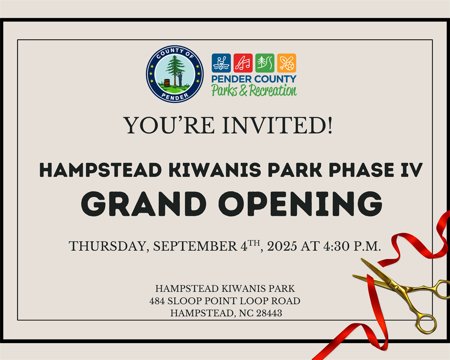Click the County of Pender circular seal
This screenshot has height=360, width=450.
[x=175, y=74]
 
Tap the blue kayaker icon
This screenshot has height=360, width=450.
[x=221, y=63]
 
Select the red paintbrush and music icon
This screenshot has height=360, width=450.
[x=243, y=63]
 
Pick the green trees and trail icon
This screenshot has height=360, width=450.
[x=264, y=63]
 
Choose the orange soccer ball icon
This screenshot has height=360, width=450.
[x=286, y=63]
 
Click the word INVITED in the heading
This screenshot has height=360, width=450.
[x=277, y=125]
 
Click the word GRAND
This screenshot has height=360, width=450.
[x=143, y=203]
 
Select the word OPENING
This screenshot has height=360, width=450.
[x=300, y=203]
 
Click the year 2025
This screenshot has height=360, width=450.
[x=282, y=246]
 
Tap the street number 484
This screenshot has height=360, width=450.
[x=157, y=301]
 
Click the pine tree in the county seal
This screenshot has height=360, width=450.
[x=174, y=70]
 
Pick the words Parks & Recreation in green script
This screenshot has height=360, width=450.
[x=254, y=90]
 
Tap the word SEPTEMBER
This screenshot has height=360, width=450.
[x=195, y=246]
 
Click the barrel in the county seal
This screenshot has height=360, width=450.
[x=167, y=82]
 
